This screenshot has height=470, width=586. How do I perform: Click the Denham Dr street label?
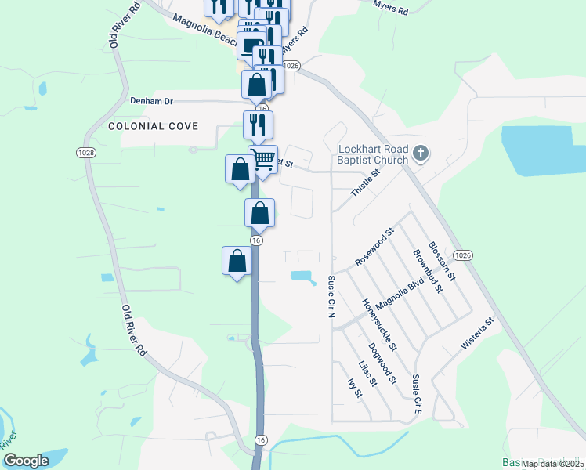152,102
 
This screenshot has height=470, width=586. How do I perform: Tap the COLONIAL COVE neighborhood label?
153,126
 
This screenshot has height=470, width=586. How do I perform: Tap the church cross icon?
421,154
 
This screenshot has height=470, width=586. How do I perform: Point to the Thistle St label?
366,182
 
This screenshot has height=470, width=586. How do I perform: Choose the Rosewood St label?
374,247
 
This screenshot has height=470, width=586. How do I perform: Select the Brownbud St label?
429,270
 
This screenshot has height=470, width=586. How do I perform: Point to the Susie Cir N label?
331,297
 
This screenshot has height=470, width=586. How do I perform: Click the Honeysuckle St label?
380,324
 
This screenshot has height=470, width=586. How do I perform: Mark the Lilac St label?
367,373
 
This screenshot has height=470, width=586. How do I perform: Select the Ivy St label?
354,389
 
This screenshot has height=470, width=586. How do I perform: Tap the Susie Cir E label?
418,394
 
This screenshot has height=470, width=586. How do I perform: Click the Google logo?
26,461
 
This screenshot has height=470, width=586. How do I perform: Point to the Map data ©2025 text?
552,464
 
